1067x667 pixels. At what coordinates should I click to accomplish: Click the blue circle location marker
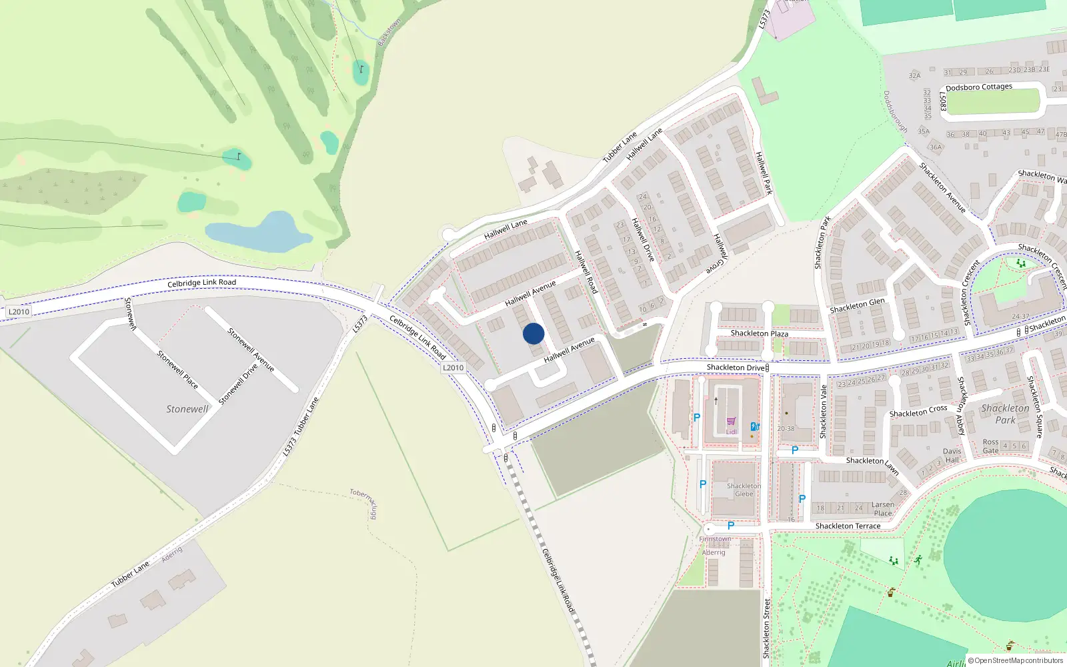[533, 333]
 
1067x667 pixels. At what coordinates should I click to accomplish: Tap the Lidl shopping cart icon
[732, 422]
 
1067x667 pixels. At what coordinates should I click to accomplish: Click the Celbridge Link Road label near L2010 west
[201, 283]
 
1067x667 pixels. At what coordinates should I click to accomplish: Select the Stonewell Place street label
[177, 369]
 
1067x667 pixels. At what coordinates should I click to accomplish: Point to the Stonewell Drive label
[238, 384]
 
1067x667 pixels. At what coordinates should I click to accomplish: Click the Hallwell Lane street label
[505, 229]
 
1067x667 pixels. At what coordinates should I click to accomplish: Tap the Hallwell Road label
[586, 271]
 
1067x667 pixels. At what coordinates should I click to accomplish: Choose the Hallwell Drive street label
[644, 239]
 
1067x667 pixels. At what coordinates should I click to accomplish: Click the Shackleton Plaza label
[759, 333]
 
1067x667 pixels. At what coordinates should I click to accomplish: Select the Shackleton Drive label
[736, 368]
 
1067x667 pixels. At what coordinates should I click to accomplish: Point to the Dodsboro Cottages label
[978, 87]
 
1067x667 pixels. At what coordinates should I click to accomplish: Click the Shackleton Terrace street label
[848, 526]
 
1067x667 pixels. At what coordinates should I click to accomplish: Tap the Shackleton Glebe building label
[744, 490]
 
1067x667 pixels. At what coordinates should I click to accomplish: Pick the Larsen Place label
[882, 509]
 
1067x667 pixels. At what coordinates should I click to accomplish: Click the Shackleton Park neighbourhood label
[1005, 414]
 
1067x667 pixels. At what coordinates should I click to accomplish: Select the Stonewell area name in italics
[187, 409]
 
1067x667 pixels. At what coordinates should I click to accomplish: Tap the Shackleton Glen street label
[857, 305]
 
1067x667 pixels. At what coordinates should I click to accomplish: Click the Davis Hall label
[952, 456]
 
